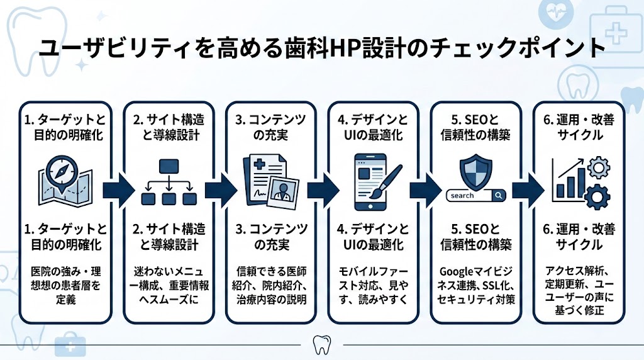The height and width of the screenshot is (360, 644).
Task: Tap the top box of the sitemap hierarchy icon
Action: coord(168,167)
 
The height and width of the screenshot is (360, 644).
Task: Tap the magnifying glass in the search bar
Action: coord(499,196)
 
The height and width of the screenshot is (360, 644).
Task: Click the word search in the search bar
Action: coord(463,196)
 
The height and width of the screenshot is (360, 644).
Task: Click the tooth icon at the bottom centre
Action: coord(321,345)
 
